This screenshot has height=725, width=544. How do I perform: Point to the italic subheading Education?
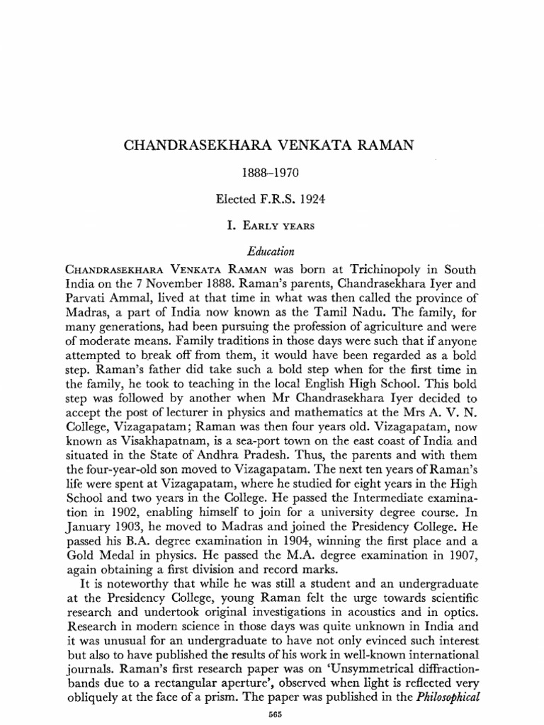click(272, 251)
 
